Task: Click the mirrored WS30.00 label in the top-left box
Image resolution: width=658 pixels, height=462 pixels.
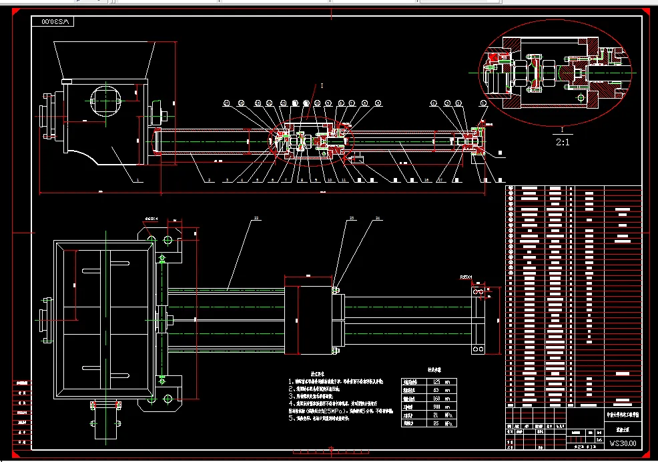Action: (x=55, y=21)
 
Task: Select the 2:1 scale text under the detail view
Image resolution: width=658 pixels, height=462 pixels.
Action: (x=563, y=141)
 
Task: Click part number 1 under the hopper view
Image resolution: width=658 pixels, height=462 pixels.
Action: (x=137, y=180)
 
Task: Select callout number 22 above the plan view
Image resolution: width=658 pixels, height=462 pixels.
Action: (x=256, y=218)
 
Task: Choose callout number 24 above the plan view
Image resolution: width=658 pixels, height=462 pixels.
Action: (x=378, y=218)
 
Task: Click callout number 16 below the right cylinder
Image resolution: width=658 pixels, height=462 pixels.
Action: (x=426, y=180)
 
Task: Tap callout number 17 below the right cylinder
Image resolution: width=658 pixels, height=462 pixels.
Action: (x=440, y=180)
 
